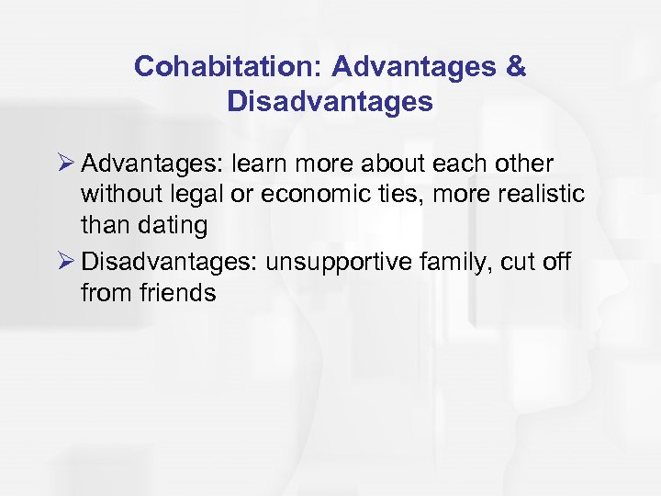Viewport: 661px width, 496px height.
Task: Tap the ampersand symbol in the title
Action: coord(517,67)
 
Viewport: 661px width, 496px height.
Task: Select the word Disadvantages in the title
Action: coord(330,101)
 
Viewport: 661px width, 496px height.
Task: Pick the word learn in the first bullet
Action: coord(257,164)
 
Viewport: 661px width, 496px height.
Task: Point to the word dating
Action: coord(174,225)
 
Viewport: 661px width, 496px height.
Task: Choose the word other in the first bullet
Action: coord(522,164)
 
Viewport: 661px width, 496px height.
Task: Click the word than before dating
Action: coord(105,225)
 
